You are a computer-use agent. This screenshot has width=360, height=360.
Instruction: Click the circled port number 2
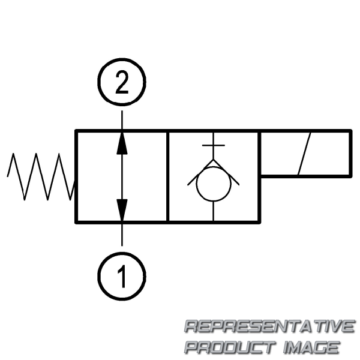[x=122, y=82]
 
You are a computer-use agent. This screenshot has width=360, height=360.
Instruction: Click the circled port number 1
[x=122, y=276]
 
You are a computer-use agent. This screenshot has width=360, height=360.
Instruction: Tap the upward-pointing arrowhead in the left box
[x=122, y=143]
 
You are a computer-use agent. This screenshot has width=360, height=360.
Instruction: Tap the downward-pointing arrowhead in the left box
[x=122, y=210]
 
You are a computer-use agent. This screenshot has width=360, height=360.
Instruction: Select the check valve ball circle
[x=214, y=184]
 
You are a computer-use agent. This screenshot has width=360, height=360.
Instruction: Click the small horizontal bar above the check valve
[x=214, y=145]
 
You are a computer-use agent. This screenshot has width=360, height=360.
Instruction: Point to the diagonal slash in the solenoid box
[x=304, y=154]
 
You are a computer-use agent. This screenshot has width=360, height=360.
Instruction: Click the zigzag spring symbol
[x=41, y=176]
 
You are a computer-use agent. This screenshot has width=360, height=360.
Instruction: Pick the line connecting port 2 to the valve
[x=122, y=120]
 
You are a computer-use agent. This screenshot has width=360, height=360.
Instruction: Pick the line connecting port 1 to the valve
[x=122, y=235]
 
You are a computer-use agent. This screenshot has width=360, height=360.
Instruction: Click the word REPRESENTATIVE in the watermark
[x=269, y=326]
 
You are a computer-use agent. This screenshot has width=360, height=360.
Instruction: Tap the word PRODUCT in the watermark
[x=230, y=347]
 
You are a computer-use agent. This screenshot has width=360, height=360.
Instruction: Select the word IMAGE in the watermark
[x=311, y=347]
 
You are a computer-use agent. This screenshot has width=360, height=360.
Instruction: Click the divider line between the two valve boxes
[x=168, y=176]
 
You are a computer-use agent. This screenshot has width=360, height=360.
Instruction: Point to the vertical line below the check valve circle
[x=214, y=211]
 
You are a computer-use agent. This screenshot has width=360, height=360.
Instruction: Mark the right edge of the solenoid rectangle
[x=350, y=154]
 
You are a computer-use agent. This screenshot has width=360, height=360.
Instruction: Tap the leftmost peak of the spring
[x=13, y=154]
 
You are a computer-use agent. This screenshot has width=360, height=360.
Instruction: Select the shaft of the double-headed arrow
[x=122, y=176]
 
